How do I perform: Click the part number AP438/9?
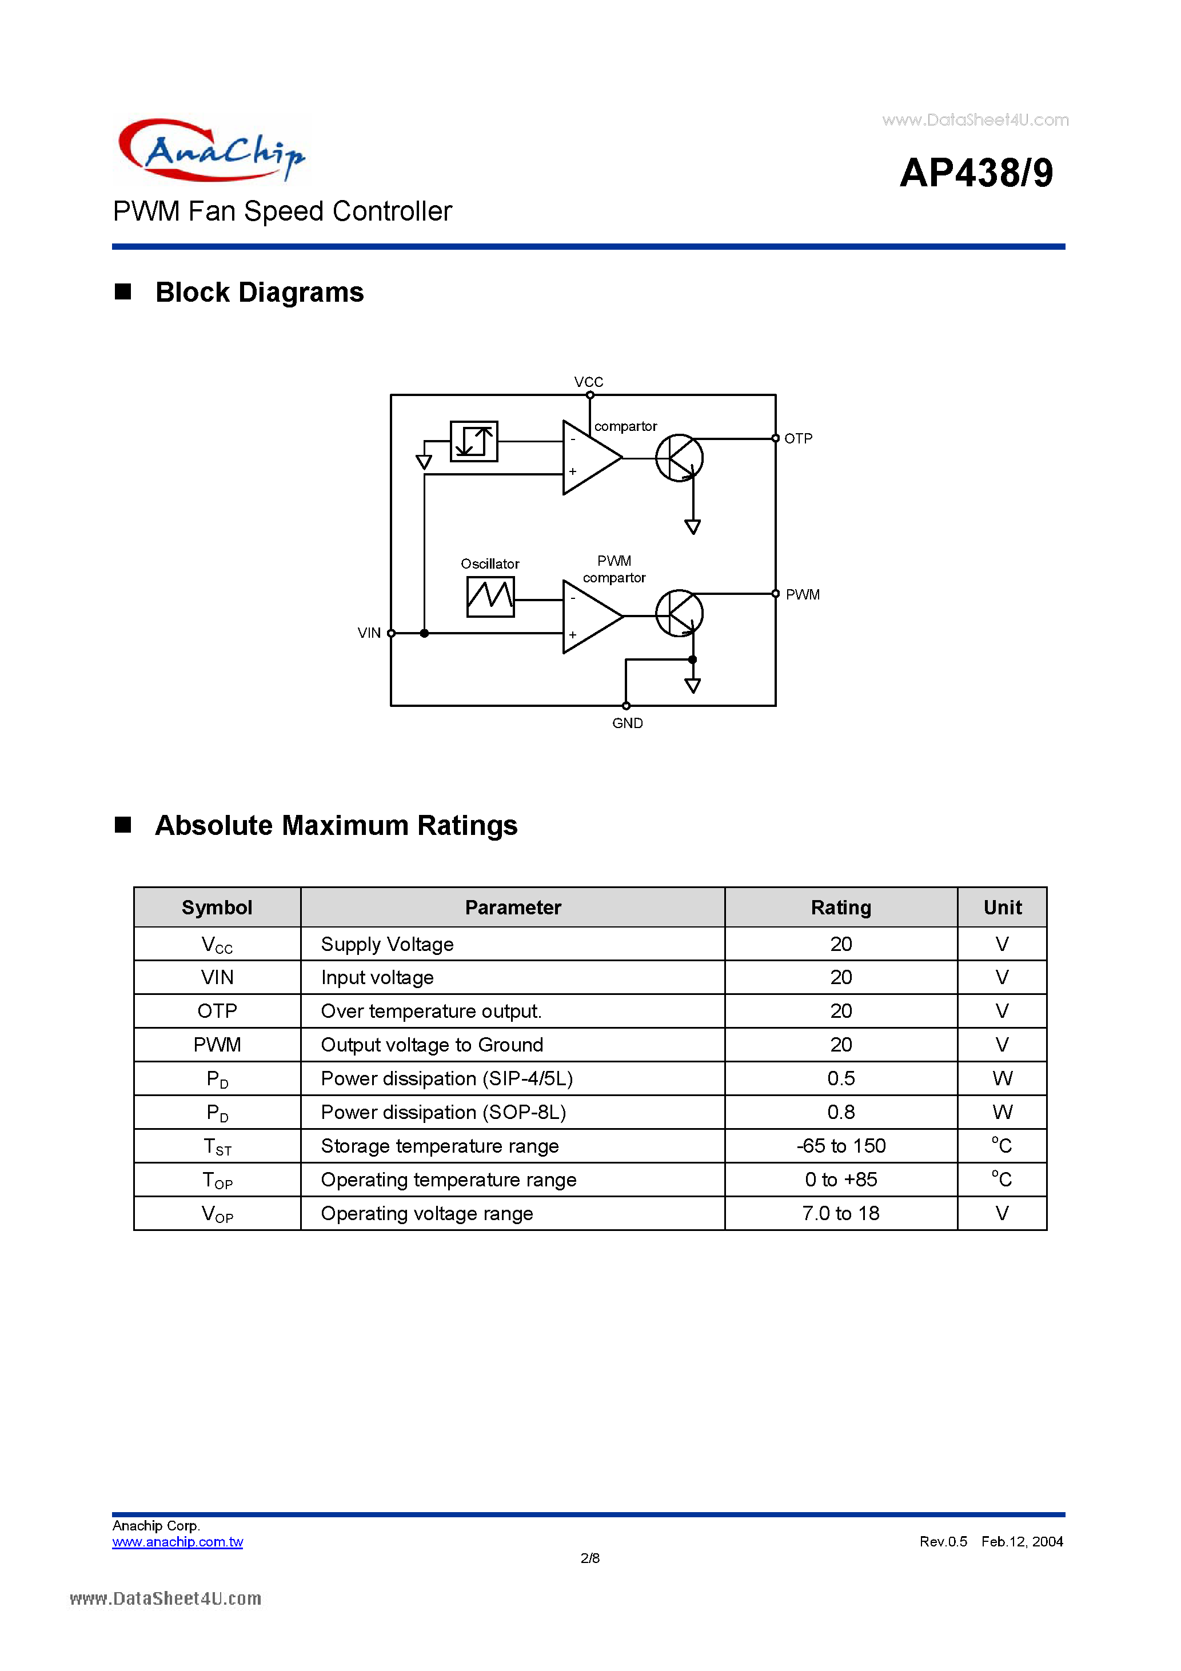[x=976, y=173]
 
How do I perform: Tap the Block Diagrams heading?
[x=258, y=293]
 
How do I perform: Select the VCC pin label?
[x=588, y=382]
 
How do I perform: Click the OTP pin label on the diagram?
[x=798, y=438]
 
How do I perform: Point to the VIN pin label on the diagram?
[x=369, y=633]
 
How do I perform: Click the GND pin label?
[x=627, y=723]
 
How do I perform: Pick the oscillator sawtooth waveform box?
[x=490, y=597]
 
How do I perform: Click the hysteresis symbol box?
[x=474, y=441]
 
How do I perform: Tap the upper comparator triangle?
[x=588, y=458]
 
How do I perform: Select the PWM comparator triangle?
[x=588, y=617]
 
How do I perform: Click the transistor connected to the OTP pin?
[x=679, y=458]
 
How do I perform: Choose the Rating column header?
[x=841, y=908]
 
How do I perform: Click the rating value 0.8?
[x=841, y=1112]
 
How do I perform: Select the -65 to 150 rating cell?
[x=841, y=1146]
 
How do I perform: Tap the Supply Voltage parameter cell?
[x=388, y=945]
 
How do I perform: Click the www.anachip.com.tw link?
[x=178, y=1542]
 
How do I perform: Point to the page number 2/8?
[x=590, y=1558]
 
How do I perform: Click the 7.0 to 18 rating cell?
[x=841, y=1213]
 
